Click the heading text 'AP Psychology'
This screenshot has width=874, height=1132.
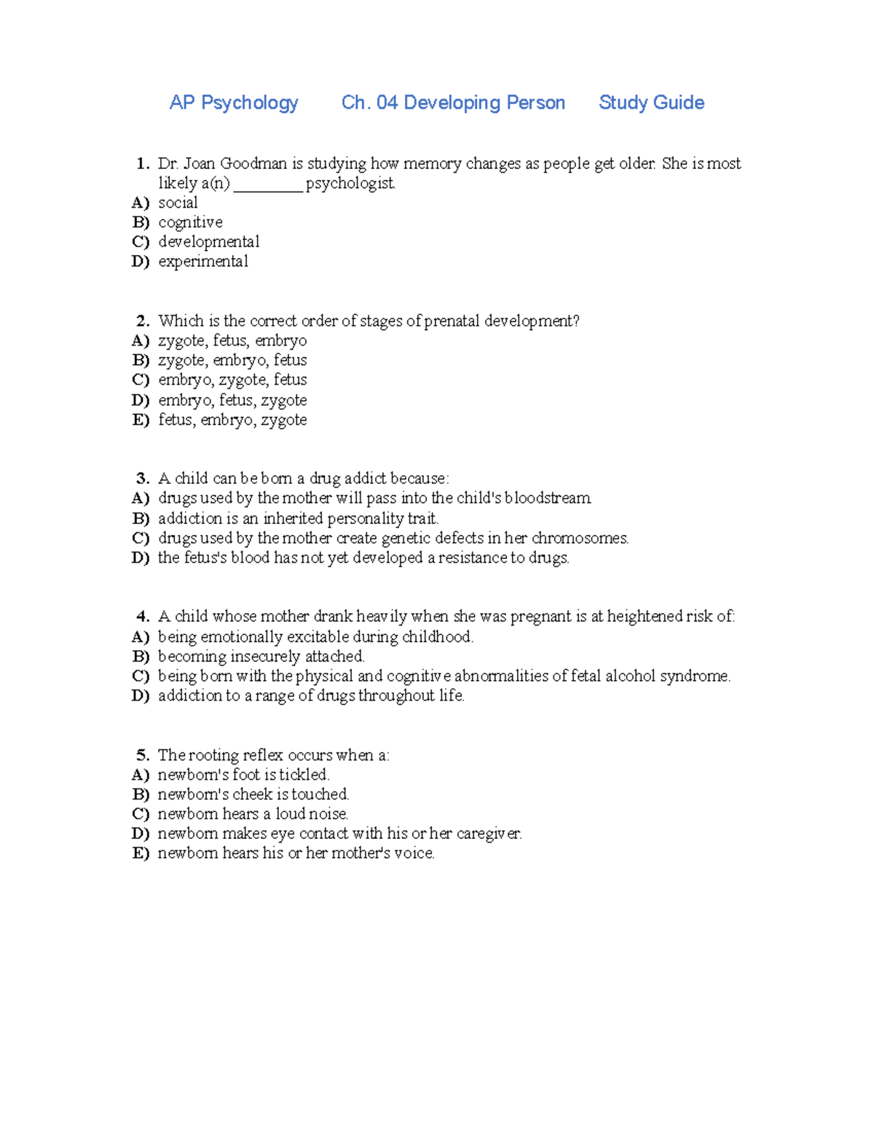tap(234, 103)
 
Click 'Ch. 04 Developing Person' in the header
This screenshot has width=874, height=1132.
tap(453, 103)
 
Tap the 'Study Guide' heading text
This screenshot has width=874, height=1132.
tap(651, 103)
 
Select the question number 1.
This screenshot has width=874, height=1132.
tap(143, 163)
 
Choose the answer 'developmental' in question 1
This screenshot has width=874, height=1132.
tap(208, 242)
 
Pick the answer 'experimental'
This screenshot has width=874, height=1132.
tap(203, 262)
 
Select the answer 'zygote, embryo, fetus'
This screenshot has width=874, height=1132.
tap(232, 360)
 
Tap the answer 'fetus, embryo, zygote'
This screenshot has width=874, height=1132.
tap(232, 420)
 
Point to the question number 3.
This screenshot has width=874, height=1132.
tap(143, 479)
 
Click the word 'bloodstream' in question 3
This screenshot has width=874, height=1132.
tap(548, 499)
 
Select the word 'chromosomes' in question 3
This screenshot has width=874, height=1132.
tap(579, 539)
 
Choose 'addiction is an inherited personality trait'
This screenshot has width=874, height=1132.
tap(298, 518)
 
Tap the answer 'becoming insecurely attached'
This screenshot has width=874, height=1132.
tap(261, 657)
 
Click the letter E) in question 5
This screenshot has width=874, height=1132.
tap(141, 854)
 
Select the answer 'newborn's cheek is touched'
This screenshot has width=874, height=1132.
tap(253, 795)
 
